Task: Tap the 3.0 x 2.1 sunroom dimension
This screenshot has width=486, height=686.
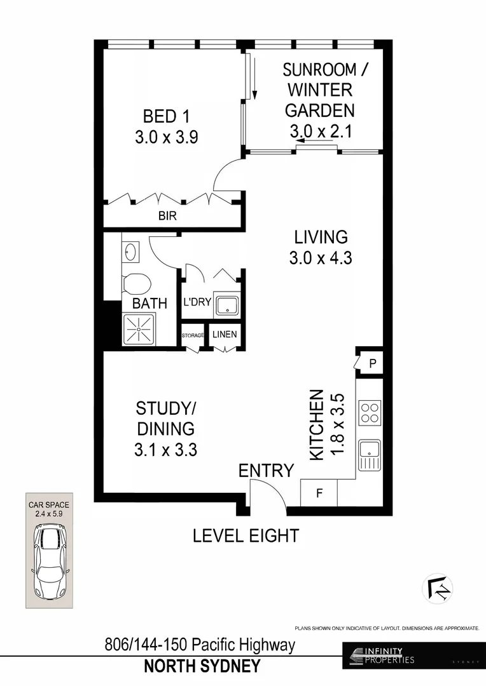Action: pyautogui.click(x=321, y=131)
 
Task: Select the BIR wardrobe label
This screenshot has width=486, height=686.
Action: pyautogui.click(x=167, y=216)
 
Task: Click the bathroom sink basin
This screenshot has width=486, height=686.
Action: pyautogui.click(x=131, y=252)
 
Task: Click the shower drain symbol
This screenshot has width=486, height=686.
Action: pyautogui.click(x=135, y=329)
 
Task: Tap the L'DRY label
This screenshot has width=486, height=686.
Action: pyautogui.click(x=197, y=302)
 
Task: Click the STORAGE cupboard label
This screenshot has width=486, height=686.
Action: pyautogui.click(x=193, y=335)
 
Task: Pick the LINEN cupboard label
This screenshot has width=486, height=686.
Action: pyautogui.click(x=225, y=335)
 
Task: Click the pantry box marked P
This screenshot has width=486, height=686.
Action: pyautogui.click(x=372, y=363)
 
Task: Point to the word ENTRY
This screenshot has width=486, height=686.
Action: pyautogui.click(x=266, y=471)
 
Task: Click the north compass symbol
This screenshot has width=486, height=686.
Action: pyautogui.click(x=438, y=588)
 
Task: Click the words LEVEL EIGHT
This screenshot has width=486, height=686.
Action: pyautogui.click(x=246, y=535)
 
